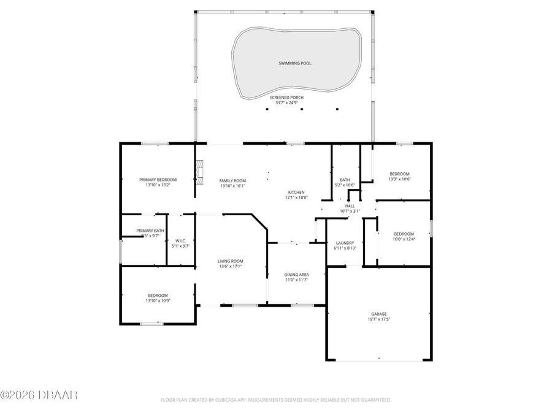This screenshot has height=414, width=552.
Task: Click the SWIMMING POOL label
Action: coord(295,63)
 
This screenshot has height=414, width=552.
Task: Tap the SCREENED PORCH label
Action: coord(286,97)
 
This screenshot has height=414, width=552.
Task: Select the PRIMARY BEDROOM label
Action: coord(158,179)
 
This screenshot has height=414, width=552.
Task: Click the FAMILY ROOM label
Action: coord(232,180)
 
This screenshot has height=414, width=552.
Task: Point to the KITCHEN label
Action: coord(295,192)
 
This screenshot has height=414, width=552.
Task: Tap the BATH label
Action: coord(345,180)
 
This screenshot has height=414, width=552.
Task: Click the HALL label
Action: coord(350,206)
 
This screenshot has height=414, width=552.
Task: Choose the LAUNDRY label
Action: coord(344,242)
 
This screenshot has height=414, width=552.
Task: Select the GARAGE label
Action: coord(379,313)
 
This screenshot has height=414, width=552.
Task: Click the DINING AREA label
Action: coord(296,274)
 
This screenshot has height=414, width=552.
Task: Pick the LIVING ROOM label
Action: coord(231,261)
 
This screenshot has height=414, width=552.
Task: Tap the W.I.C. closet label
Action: coord(181,240)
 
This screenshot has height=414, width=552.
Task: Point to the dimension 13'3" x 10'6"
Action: coord(399,180)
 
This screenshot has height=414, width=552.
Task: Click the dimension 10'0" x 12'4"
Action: coord(404,239)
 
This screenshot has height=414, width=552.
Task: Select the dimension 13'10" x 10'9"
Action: coord(158,301)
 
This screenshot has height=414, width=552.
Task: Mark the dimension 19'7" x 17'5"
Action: coord(379,319)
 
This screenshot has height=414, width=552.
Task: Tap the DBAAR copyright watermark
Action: coord(39,395)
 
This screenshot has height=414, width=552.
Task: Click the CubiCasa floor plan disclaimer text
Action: coord(275,400)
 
